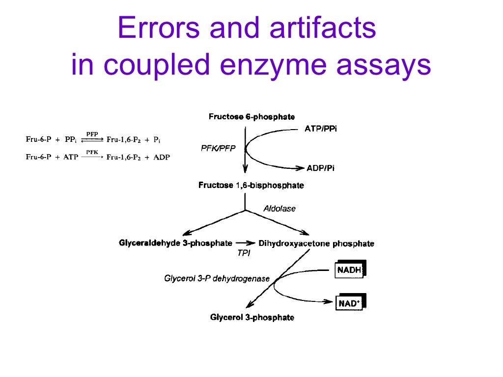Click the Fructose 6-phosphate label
[251, 117]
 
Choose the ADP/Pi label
[321, 168]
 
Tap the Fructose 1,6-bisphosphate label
[251, 186]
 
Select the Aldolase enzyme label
[279, 209]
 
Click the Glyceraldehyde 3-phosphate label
[175, 243]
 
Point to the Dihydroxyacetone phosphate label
[316, 243]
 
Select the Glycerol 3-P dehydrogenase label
[217, 279]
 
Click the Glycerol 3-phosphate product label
[252, 318]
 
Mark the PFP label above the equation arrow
[92, 134]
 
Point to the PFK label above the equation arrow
[92, 152]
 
